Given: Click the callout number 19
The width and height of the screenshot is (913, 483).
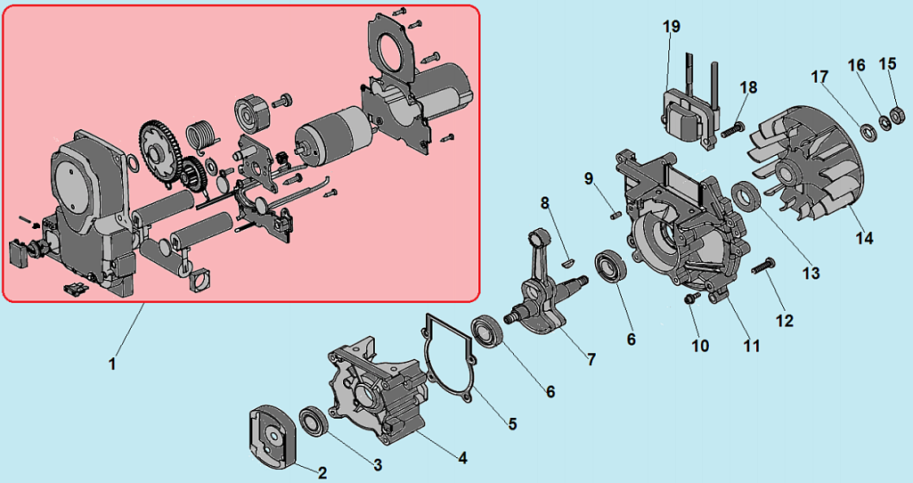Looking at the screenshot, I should pos(672,26).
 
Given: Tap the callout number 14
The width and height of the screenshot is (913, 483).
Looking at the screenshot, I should pos(864,238).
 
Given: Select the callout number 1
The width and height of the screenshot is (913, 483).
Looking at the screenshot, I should pos(112,364).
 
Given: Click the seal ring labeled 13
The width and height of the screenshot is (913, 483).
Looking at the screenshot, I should pos(745,196).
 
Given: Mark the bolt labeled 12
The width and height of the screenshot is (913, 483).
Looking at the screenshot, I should pos(765,265).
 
